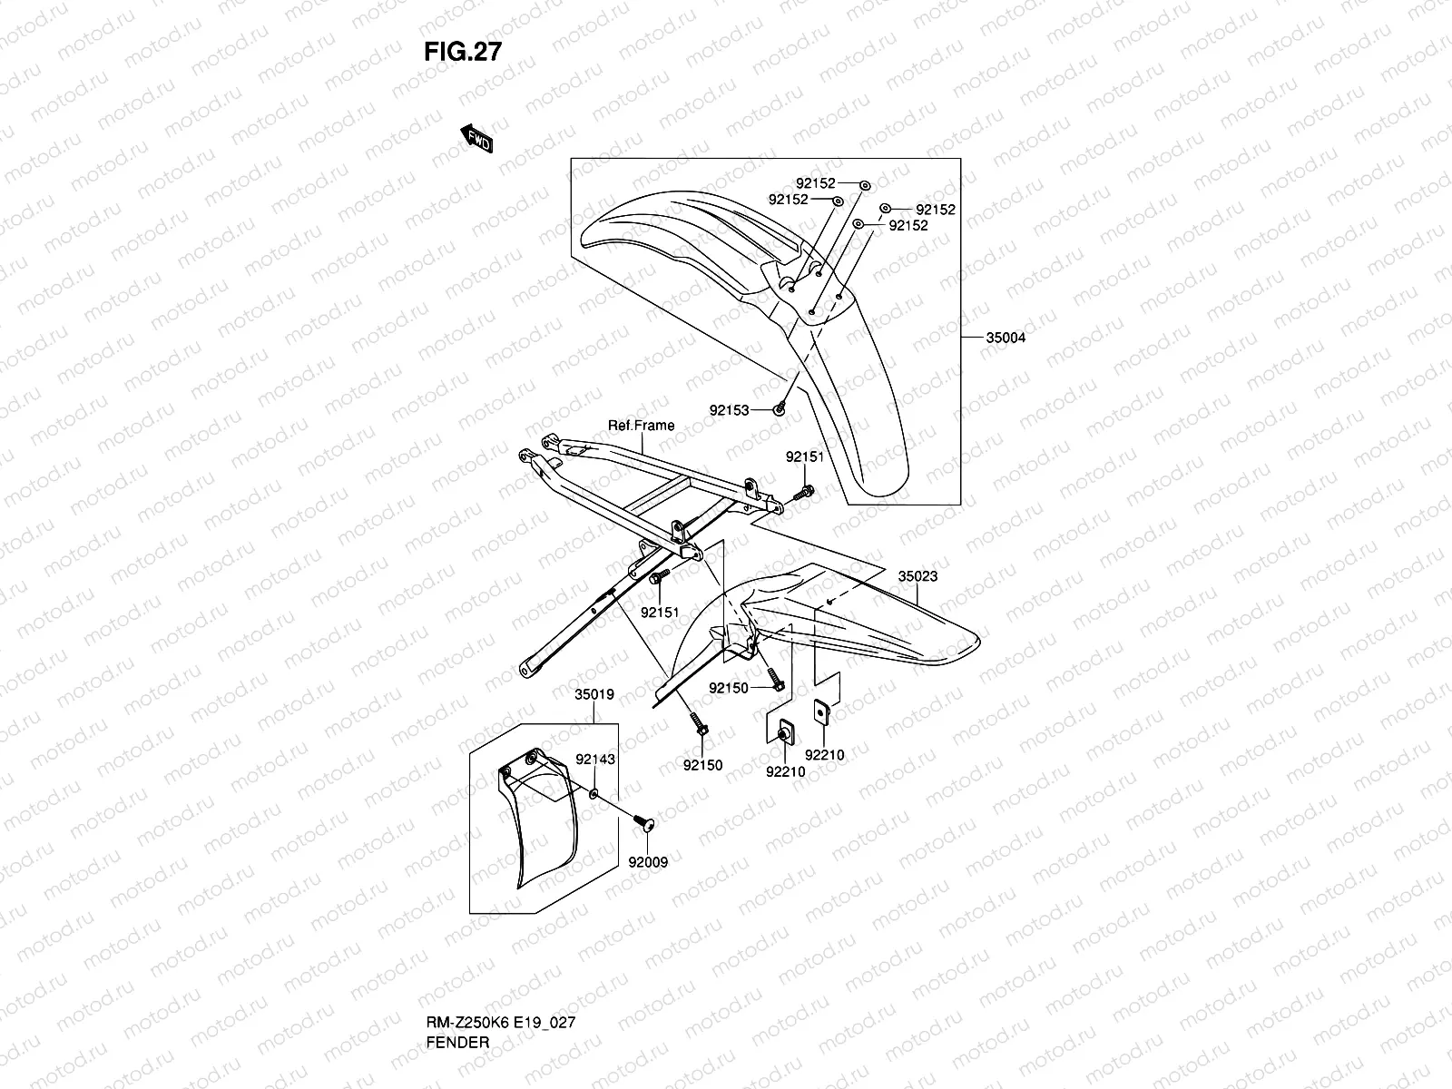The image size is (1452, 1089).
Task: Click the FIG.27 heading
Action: pos(463,52)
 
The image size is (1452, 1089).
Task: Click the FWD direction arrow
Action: pos(476,138)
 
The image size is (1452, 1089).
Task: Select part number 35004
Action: pos(1006,338)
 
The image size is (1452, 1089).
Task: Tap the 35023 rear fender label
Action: pos(917,576)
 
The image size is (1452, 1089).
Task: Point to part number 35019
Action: pos(594,695)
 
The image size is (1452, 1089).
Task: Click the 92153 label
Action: pos(729,410)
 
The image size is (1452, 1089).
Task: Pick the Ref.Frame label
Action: pos(641,426)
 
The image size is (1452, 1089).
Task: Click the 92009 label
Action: pos(648,862)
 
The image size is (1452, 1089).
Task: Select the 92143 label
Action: pos(595,760)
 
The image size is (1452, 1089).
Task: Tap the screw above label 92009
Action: pos(643,822)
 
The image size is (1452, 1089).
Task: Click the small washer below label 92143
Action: pos(594,793)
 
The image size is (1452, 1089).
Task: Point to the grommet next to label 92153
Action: pos(780,409)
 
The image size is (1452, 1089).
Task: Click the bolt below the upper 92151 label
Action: pos(804,492)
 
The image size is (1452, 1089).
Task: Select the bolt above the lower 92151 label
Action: pos(660,576)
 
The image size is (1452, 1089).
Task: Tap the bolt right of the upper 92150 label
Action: pos(775,679)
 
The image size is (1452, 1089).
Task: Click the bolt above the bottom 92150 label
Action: pos(698,724)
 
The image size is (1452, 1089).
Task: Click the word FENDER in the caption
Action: pos(457,1043)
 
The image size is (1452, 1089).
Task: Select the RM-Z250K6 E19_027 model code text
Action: pos(501,1022)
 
